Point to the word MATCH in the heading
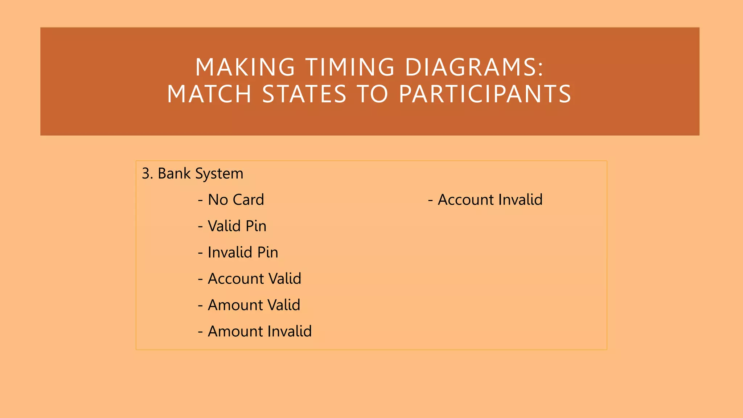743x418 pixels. (209, 94)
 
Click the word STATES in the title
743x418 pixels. (304, 94)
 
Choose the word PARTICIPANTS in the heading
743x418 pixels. (485, 94)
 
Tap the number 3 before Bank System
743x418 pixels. (146, 173)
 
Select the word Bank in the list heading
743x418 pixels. (174, 173)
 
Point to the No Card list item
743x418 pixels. (235, 200)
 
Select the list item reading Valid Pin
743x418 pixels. (237, 226)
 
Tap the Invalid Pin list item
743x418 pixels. (243, 253)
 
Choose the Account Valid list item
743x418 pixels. (254, 279)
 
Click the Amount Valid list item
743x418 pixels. (254, 305)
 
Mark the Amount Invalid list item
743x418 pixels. (259, 331)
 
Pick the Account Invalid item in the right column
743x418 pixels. (490, 200)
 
